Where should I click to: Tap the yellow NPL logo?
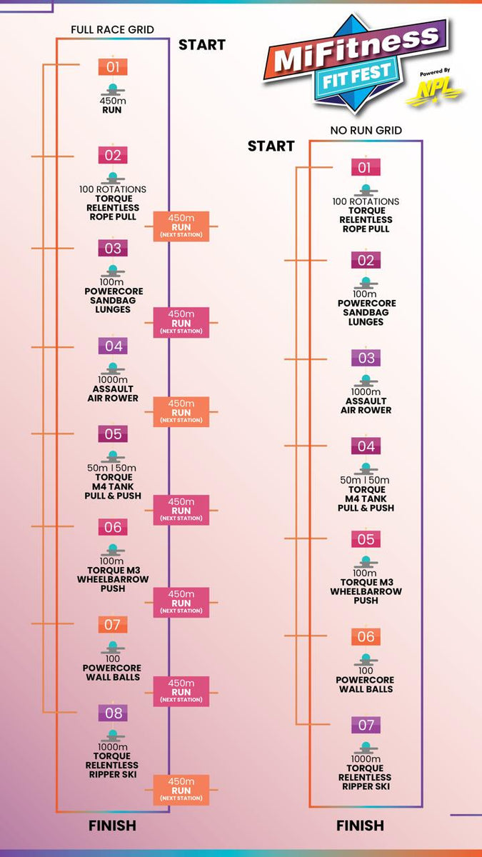(434, 92)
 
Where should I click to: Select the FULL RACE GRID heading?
(112, 29)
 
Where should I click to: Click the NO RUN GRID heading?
(366, 131)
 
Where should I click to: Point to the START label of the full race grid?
(201, 45)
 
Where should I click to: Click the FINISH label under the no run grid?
(360, 826)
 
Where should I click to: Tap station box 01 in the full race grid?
(113, 67)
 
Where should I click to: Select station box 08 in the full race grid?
(113, 713)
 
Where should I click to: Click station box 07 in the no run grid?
(366, 725)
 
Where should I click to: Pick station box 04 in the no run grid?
(366, 446)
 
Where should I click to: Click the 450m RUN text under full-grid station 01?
(112, 106)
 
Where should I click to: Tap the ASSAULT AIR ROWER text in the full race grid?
(112, 394)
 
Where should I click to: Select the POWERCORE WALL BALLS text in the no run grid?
(366, 684)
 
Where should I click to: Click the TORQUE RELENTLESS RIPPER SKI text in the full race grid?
(112, 765)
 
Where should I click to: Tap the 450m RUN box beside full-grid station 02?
(181, 226)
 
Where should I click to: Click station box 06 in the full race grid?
(113, 527)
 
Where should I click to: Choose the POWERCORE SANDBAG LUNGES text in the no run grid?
(366, 312)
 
